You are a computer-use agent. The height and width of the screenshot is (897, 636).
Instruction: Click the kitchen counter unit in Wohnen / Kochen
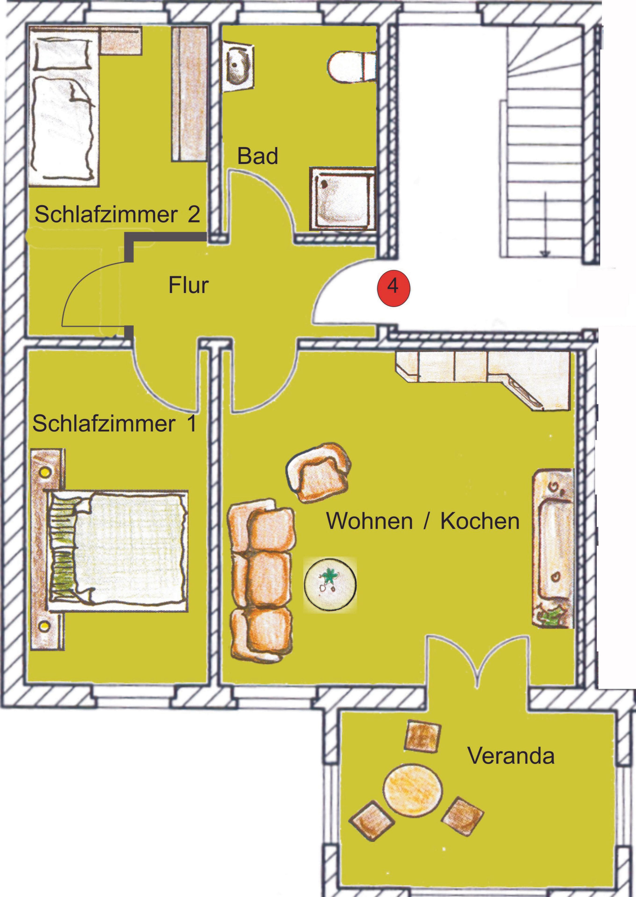[482, 379]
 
